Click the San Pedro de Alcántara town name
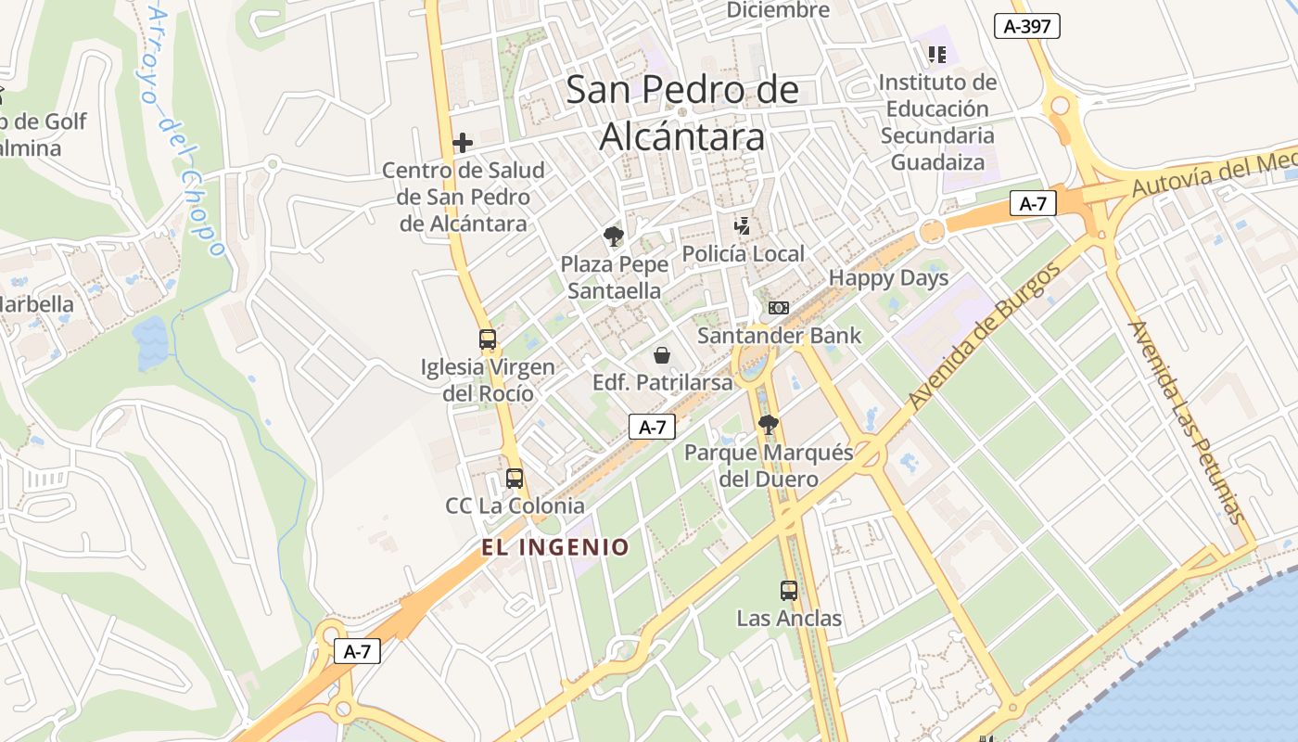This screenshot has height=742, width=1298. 681,113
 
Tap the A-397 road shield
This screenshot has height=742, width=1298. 1027,26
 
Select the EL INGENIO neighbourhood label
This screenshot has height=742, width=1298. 555,547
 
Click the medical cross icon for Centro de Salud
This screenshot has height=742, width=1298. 463,143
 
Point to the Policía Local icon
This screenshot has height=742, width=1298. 742,225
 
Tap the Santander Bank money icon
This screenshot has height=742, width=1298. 779,308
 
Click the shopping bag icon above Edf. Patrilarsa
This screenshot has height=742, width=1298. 662,355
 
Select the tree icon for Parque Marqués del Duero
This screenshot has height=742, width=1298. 768,425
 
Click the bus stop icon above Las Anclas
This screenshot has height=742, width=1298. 789,590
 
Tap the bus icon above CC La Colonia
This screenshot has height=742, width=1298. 515,479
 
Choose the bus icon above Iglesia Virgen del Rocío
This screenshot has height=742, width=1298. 488,339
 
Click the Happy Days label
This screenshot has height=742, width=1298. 888,278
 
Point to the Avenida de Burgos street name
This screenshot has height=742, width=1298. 984,338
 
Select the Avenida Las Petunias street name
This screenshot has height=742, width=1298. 1186,422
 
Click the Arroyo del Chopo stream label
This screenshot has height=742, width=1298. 185,130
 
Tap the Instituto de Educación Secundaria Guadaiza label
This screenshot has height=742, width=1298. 937,122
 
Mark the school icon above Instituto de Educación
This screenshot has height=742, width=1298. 936,55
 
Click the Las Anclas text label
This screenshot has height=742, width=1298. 789,619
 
